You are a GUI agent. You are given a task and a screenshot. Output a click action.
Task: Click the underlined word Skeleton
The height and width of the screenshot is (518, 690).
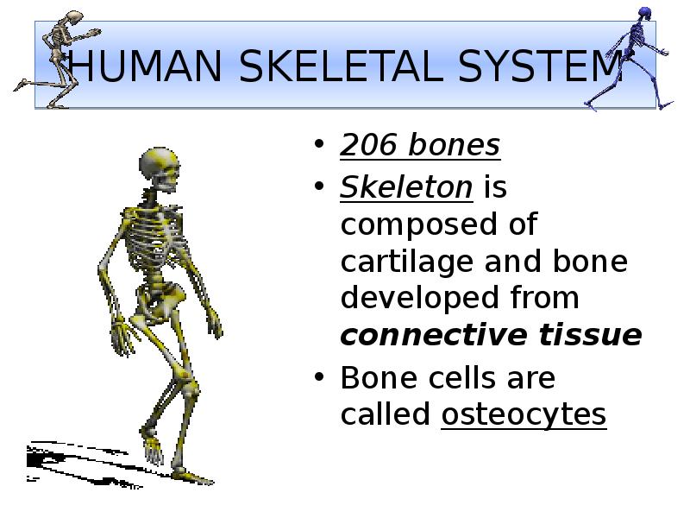pos(406,186)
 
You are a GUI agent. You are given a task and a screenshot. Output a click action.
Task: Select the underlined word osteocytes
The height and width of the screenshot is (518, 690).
pos(524,415)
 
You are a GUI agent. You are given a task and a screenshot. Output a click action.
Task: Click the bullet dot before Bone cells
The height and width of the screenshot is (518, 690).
pos(320,378)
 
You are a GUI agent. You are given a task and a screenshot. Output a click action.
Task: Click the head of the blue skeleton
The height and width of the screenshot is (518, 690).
pos(644,15)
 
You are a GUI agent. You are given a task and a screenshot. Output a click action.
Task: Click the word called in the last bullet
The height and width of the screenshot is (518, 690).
pos(386,415)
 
